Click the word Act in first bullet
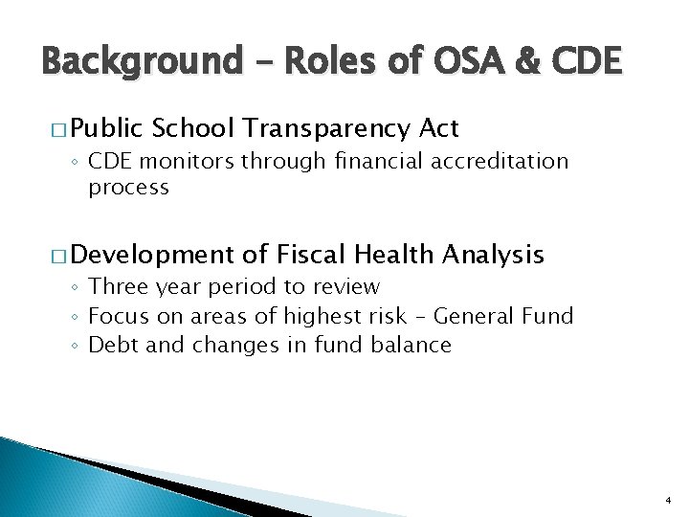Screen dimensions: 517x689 [x=438, y=128]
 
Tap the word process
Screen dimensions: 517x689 [x=128, y=188]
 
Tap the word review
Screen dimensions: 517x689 [x=348, y=287]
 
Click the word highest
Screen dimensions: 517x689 [x=339, y=316]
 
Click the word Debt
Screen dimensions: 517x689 [x=107, y=345]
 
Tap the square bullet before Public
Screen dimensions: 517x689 [x=56, y=128]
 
